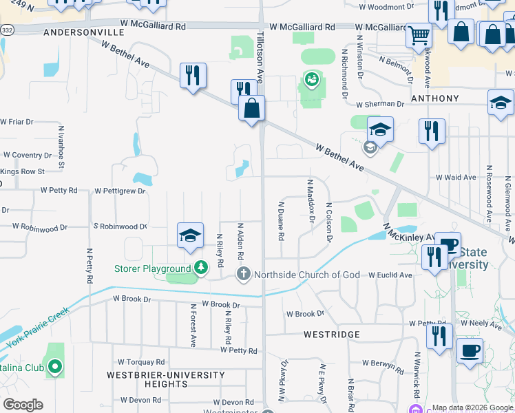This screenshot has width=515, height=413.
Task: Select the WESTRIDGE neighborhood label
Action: click(332, 335)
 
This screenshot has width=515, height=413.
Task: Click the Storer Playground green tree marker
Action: click(200, 267)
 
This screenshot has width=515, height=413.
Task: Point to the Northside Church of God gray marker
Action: click(243, 275)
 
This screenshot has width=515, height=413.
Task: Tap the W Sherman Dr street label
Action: click(380, 104)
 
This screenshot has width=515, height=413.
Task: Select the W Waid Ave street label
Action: click(456, 177)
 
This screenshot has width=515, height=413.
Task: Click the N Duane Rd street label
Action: click(281, 220)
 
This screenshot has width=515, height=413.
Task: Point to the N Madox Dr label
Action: click(311, 202)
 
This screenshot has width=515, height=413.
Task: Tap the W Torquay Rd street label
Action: click(141, 361)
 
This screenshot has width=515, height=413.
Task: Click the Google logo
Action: click(23, 405)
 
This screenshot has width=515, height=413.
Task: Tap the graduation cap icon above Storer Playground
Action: click(190, 235)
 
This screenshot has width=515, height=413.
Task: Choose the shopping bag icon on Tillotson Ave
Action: click(252, 107)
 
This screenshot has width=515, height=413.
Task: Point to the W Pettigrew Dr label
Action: click(120, 191)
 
